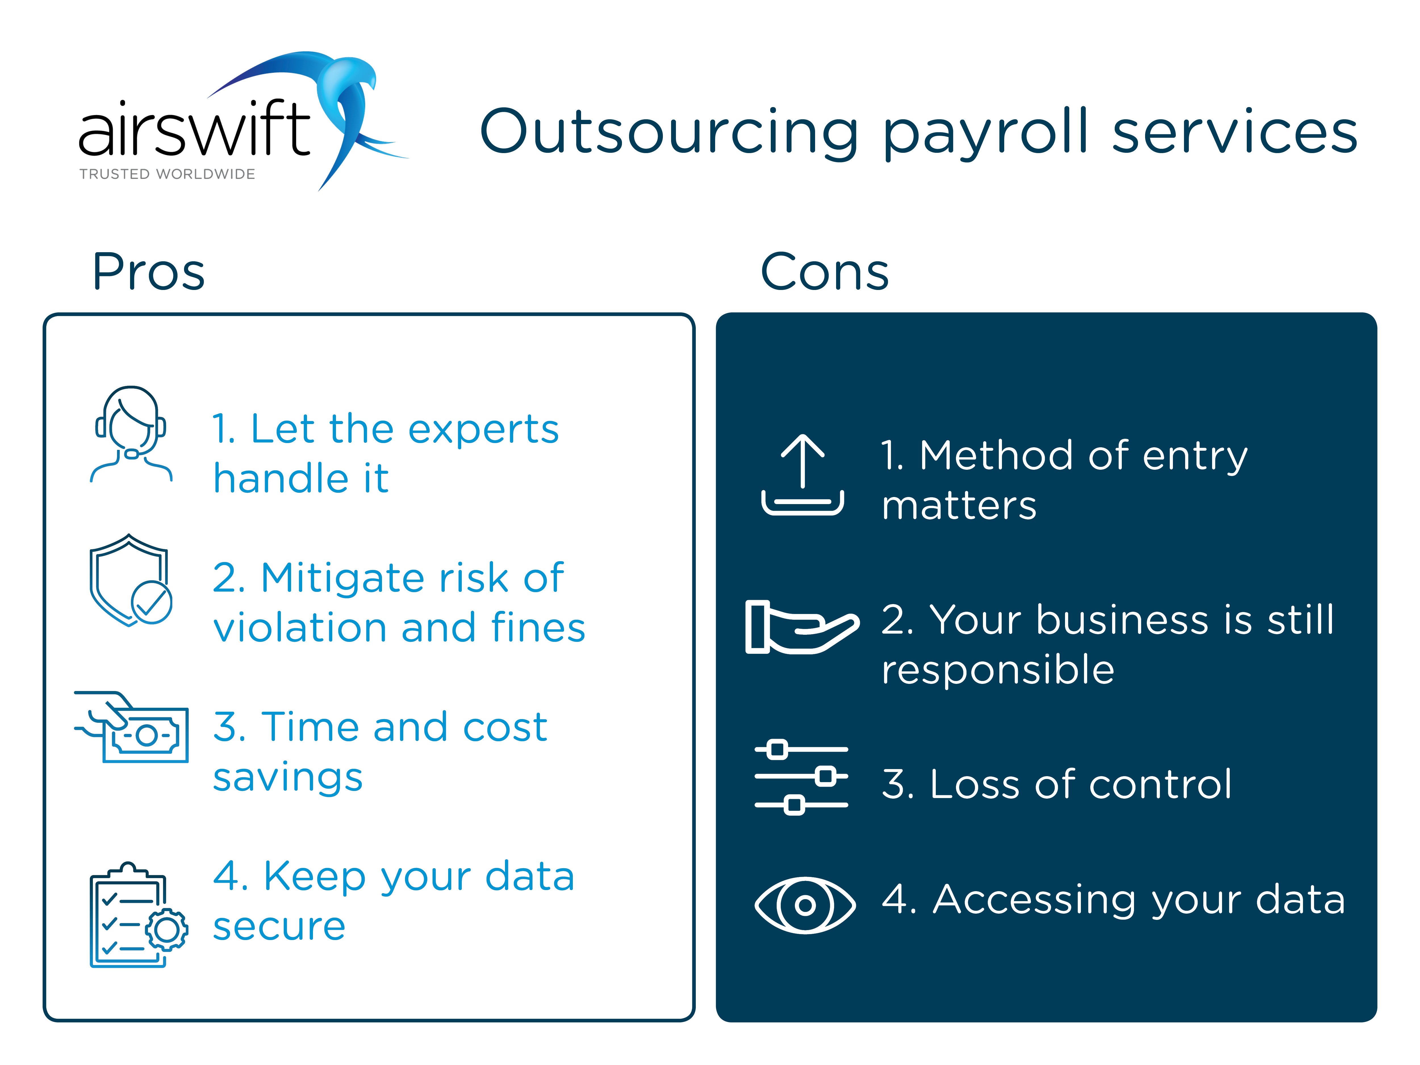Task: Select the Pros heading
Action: pos(149,272)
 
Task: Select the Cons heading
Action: pos(825,272)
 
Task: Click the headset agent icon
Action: pos(131,434)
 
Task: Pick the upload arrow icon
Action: pos(802,475)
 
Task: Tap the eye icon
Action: pos(805,905)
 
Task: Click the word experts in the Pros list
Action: pos(483,430)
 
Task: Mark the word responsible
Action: pos(998,671)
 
